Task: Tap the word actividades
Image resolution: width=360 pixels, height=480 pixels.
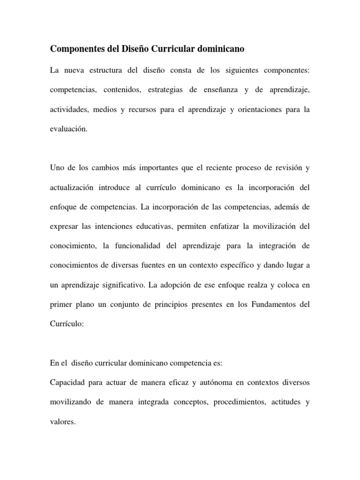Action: point(69,110)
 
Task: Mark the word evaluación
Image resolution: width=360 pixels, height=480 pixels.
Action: point(68,129)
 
